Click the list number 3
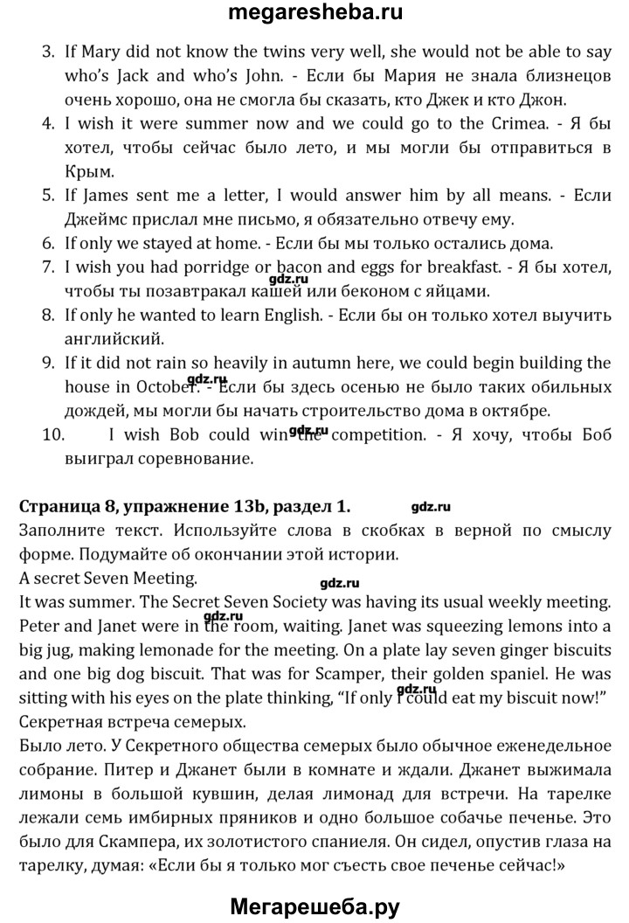(49, 52)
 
